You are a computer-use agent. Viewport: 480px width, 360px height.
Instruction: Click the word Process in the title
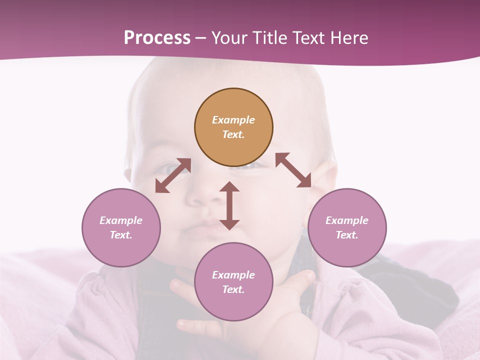point(157,38)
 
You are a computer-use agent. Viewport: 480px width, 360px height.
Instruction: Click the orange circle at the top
point(233,127)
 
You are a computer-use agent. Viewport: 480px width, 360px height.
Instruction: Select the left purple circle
point(121,227)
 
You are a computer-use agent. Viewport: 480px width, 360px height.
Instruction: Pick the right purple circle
point(347,227)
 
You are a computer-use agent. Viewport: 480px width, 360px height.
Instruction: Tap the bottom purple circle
point(233,282)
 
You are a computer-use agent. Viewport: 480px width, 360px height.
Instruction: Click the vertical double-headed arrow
point(229,205)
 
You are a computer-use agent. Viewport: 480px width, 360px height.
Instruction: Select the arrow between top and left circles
point(173,175)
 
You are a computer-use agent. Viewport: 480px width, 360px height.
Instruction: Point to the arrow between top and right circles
point(293,170)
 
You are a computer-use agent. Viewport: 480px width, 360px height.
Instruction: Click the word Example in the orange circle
point(233,120)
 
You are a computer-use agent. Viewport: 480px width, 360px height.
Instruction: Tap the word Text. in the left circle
point(121,235)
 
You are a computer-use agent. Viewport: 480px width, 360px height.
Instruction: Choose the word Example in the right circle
point(347,220)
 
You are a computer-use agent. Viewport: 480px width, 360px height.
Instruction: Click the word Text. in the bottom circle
point(233,289)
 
